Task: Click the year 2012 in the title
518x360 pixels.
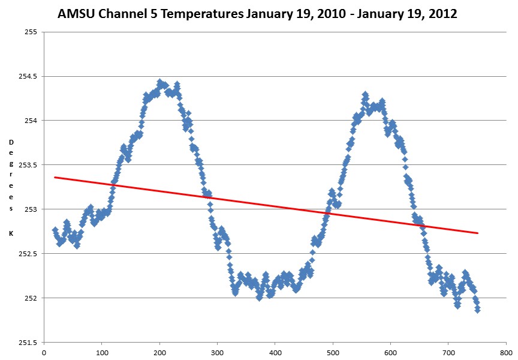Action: point(442,13)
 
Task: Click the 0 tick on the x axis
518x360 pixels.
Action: point(44,353)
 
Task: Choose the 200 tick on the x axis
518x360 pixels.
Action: point(159,353)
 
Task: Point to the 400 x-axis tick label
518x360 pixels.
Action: point(275,353)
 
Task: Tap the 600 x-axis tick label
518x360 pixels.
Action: point(391,353)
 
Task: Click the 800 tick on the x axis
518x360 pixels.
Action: point(506,353)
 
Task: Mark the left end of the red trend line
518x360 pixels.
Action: point(55,177)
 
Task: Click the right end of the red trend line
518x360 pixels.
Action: point(478,233)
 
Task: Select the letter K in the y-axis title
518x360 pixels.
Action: point(11,233)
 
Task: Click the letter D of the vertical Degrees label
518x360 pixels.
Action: point(11,142)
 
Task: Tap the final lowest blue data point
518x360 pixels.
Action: point(477,310)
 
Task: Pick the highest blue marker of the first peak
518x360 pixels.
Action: point(159,82)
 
